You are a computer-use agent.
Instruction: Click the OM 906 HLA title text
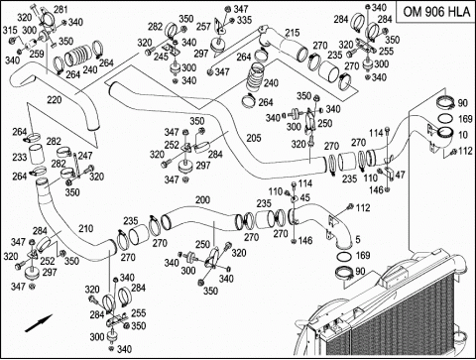pos(436,12)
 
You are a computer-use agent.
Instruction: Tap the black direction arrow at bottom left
pos(39,323)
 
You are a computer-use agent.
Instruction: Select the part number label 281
pos(60,9)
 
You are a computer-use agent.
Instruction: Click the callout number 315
pos(10,30)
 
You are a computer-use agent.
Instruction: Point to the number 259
pos(37,54)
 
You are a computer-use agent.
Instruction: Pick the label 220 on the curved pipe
pos(55,99)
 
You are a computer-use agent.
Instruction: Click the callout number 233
pos(20,157)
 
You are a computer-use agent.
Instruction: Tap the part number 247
pos(85,156)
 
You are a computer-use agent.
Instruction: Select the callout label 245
pos(161,57)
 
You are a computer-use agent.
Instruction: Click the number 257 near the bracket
pos(203,27)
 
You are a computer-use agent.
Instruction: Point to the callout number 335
pos(244,20)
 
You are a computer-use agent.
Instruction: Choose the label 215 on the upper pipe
pos(293,33)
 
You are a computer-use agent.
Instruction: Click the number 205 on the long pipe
pos(254,138)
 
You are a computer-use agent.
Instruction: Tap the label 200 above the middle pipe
pos(202,199)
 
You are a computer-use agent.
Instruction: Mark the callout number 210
pos(86,228)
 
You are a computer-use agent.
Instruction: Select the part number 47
pos(400,175)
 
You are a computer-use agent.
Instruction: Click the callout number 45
pos(304,197)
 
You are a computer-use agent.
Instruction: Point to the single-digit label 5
pos(358,239)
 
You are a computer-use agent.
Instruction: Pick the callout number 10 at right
pos(463,135)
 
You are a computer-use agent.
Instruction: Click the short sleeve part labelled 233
pos(38,155)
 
